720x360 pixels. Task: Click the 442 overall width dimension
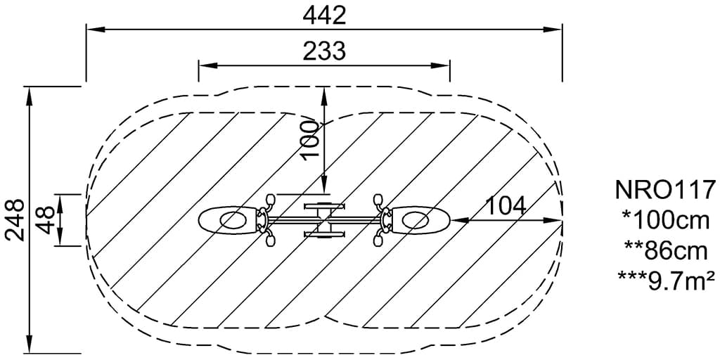point(323,16)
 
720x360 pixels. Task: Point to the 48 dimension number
point(46,220)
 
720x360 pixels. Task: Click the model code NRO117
point(665,190)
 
